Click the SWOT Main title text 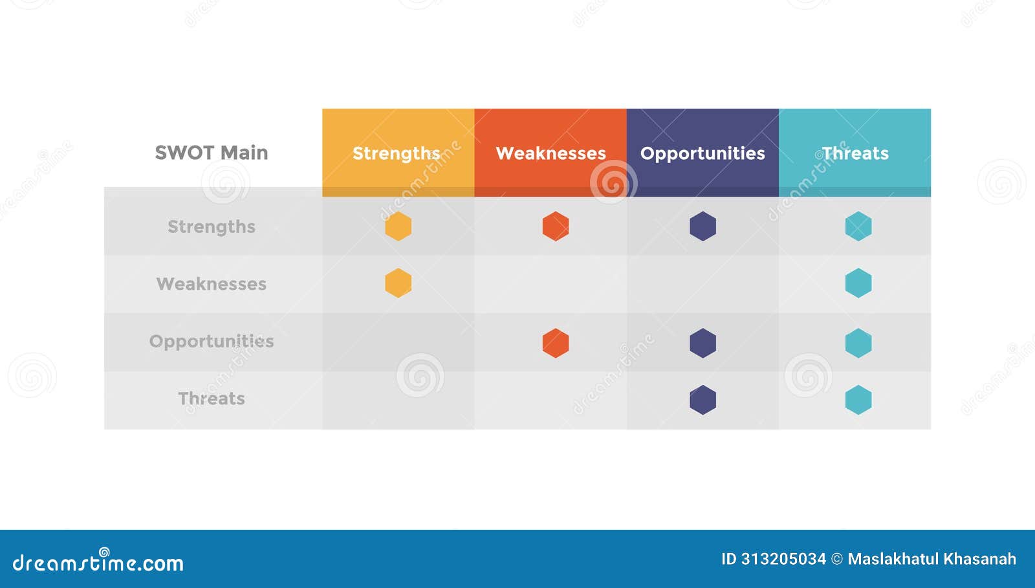point(212,153)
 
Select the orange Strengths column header point(397,153)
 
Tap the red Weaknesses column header point(550,153)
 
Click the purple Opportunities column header point(703,153)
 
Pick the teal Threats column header point(855,153)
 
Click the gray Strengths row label point(212,226)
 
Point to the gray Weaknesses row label point(212,284)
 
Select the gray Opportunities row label point(212,341)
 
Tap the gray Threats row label point(212,398)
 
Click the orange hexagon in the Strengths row point(398,226)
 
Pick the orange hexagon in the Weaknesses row point(398,283)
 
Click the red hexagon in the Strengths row point(556,226)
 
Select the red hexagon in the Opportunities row point(556,343)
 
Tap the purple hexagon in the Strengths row point(703,226)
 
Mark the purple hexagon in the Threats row point(703,400)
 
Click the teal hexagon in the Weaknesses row point(858,283)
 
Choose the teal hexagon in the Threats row point(858,400)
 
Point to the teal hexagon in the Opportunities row point(858,343)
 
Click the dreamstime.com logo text point(98,563)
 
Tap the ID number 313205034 point(783,559)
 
